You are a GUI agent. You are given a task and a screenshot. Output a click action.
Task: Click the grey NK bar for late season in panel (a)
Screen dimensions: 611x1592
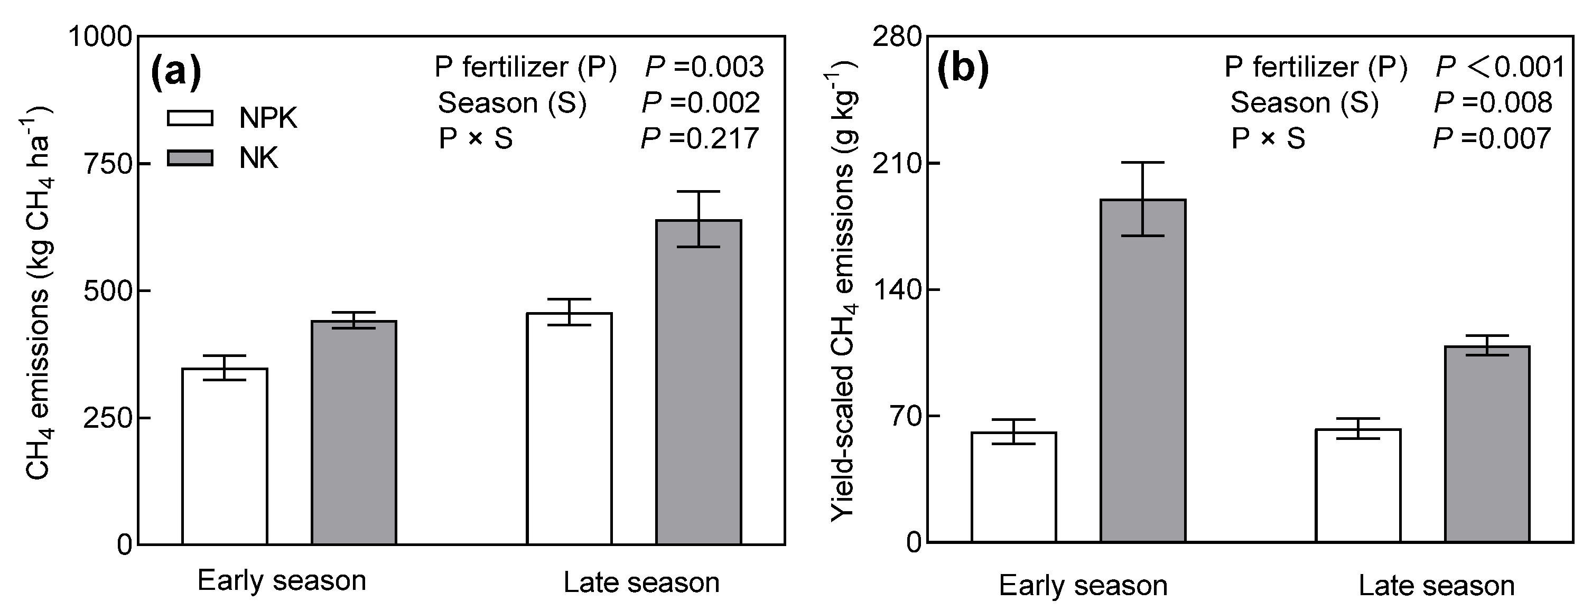click(699, 383)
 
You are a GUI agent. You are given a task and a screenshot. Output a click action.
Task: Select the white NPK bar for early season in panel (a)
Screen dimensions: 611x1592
click(225, 457)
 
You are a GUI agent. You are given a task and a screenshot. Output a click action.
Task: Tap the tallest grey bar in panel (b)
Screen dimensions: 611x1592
click(1143, 371)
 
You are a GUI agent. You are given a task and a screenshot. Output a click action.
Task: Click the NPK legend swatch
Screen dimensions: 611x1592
click(190, 118)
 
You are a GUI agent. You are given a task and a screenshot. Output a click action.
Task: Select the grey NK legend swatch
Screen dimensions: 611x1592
click(190, 158)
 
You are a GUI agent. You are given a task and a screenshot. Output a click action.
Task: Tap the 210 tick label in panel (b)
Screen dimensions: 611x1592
click(896, 164)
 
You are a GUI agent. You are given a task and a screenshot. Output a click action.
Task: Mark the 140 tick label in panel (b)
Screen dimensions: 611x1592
click(896, 290)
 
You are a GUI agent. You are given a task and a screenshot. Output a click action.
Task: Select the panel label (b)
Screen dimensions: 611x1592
click(963, 70)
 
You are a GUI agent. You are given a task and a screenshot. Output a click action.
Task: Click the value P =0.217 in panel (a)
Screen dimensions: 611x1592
click(700, 138)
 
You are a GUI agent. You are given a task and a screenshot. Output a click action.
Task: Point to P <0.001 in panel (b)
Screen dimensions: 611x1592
click(1500, 67)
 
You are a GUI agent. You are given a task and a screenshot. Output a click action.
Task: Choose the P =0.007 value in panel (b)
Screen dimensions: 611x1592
click(1492, 138)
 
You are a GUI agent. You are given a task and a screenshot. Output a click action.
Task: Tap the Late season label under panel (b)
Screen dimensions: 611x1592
click(1436, 585)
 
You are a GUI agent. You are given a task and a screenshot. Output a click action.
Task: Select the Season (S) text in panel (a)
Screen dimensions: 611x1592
click(511, 103)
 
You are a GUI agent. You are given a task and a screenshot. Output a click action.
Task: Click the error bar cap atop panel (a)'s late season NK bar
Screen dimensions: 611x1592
click(699, 192)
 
